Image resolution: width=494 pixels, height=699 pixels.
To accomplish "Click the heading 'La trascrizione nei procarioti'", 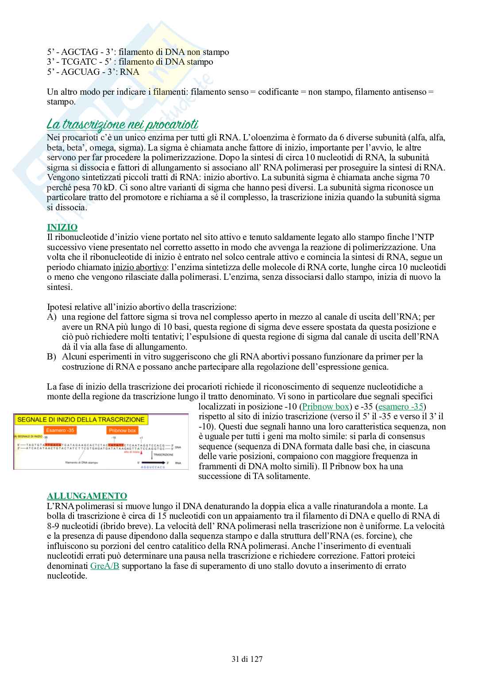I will (x=122, y=123).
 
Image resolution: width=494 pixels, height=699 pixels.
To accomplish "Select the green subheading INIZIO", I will (x=62, y=228).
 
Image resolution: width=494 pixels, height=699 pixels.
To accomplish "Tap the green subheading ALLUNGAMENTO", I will (x=87, y=496).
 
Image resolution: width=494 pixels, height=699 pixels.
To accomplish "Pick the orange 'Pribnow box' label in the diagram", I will (x=122, y=430).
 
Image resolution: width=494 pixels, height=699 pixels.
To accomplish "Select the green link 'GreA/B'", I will (x=104, y=566).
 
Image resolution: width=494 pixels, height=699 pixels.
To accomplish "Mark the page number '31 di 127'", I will (x=247, y=659).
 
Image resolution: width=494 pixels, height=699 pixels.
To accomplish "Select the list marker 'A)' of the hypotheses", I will (x=51, y=317).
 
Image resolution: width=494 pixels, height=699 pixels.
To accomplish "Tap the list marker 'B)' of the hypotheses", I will (x=51, y=356).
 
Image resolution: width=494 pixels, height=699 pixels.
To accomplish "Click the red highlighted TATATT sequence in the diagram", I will (x=116, y=445).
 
